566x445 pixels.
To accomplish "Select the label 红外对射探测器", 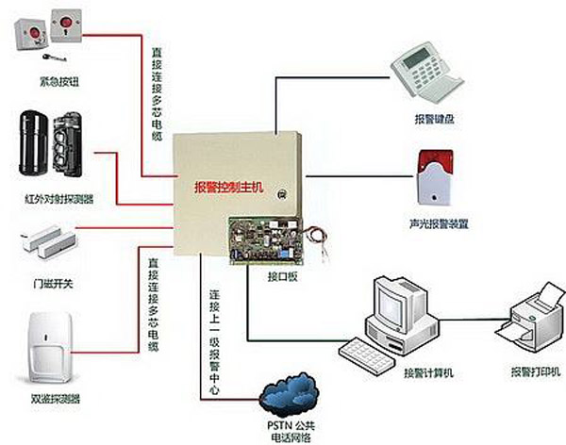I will tap(52, 200).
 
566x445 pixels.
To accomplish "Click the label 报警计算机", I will tap(428, 373).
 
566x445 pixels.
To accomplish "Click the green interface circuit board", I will tap(271, 239).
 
